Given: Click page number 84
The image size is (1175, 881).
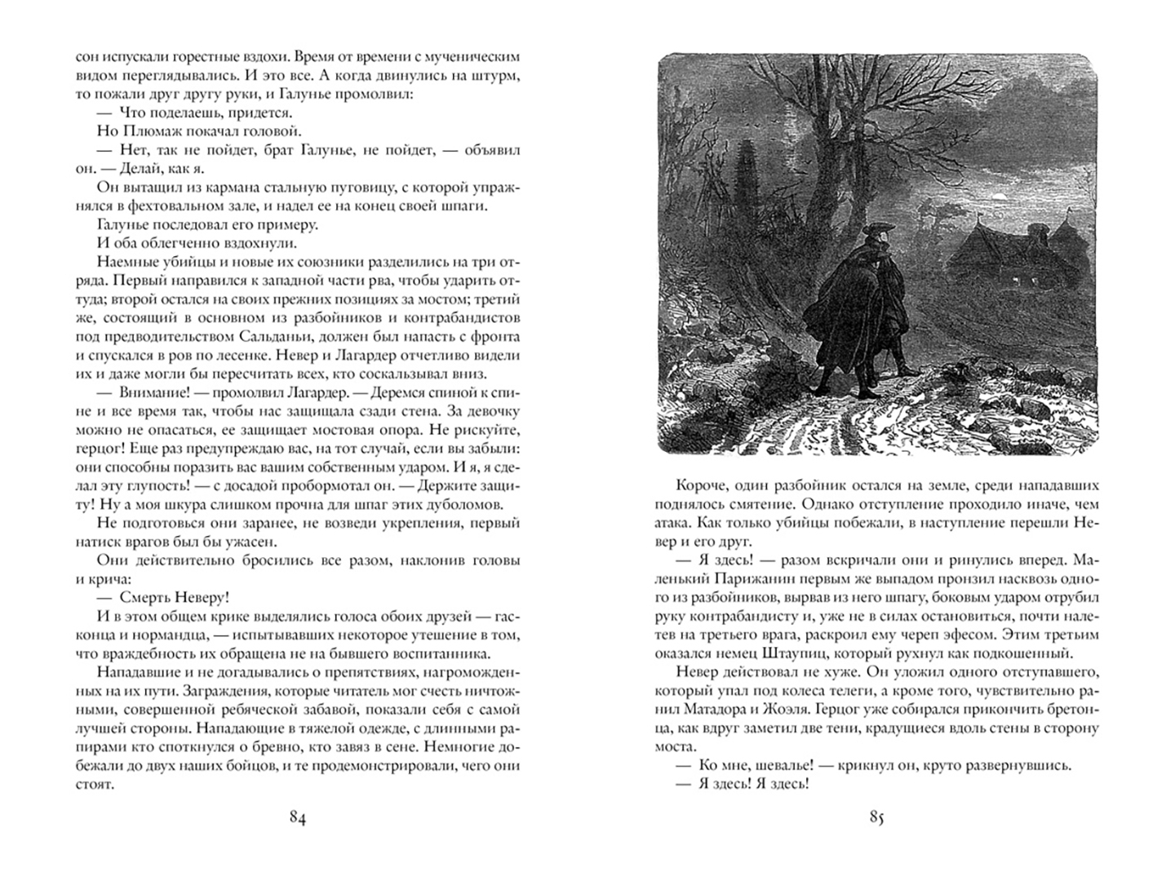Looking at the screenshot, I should (297, 818).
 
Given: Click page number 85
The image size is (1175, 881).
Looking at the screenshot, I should (877, 818).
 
